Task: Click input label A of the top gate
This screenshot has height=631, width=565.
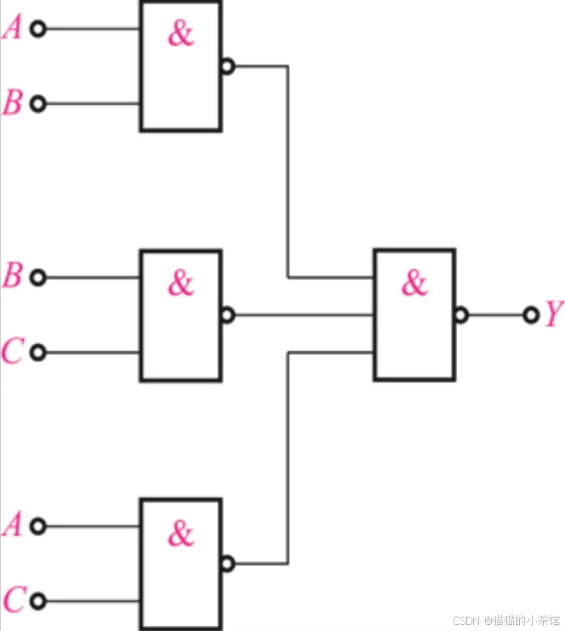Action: coord(12,29)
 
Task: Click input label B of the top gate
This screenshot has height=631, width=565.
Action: coord(12,103)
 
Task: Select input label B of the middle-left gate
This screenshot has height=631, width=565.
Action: coord(12,277)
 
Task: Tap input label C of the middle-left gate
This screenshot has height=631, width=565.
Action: coord(12,351)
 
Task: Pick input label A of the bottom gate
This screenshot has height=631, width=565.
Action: coord(12,525)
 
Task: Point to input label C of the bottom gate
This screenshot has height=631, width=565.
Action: coord(12,600)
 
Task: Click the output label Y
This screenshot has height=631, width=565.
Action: coord(554,314)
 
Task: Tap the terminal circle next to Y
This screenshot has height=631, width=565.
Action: coord(530,314)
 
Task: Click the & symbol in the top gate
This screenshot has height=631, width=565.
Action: coord(181,34)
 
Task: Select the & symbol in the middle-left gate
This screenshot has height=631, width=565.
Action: coord(181,283)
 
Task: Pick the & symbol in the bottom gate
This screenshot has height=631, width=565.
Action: coord(181,533)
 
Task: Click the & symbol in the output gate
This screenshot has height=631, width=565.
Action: coord(414,283)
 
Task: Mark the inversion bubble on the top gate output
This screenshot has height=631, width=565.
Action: coord(228,66)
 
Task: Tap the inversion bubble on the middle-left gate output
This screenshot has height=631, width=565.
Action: coord(228,315)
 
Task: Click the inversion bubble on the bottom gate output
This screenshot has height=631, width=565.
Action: coord(228,563)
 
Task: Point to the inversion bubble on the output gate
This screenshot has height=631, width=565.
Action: coord(461,315)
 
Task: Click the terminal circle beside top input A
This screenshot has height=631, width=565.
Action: coord(38,29)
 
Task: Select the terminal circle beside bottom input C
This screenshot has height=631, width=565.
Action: coord(38,601)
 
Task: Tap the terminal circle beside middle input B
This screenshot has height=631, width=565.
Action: coord(38,277)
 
